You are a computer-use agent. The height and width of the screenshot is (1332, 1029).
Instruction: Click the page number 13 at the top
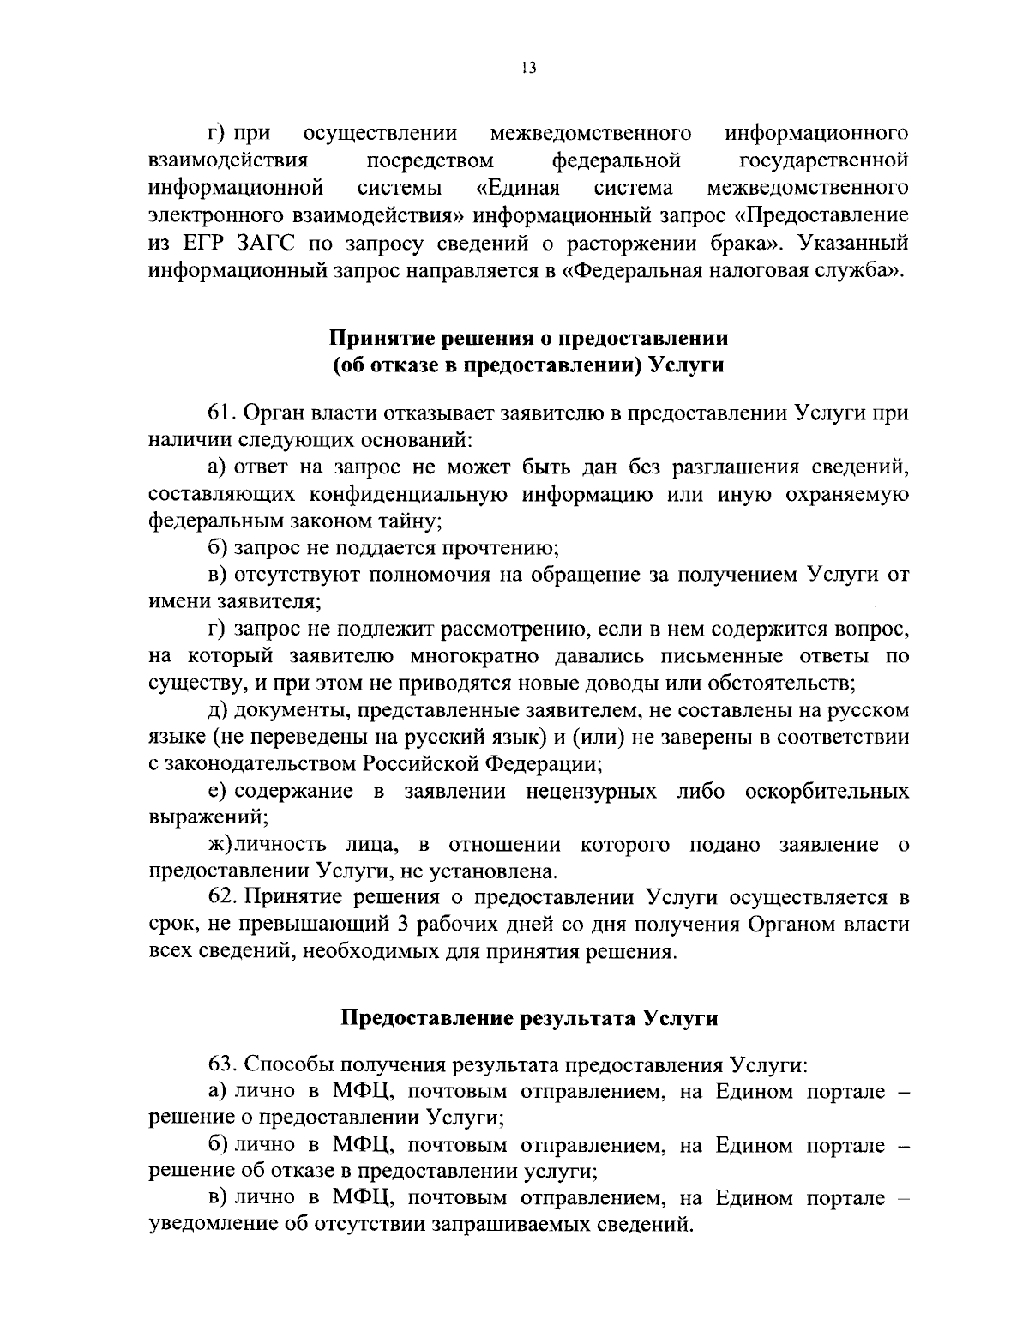527,69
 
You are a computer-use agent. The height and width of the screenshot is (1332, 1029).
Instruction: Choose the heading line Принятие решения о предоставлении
529,338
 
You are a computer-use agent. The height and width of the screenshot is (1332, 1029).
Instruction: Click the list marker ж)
220,845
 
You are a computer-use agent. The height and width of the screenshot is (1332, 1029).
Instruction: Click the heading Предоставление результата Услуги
529,1018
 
